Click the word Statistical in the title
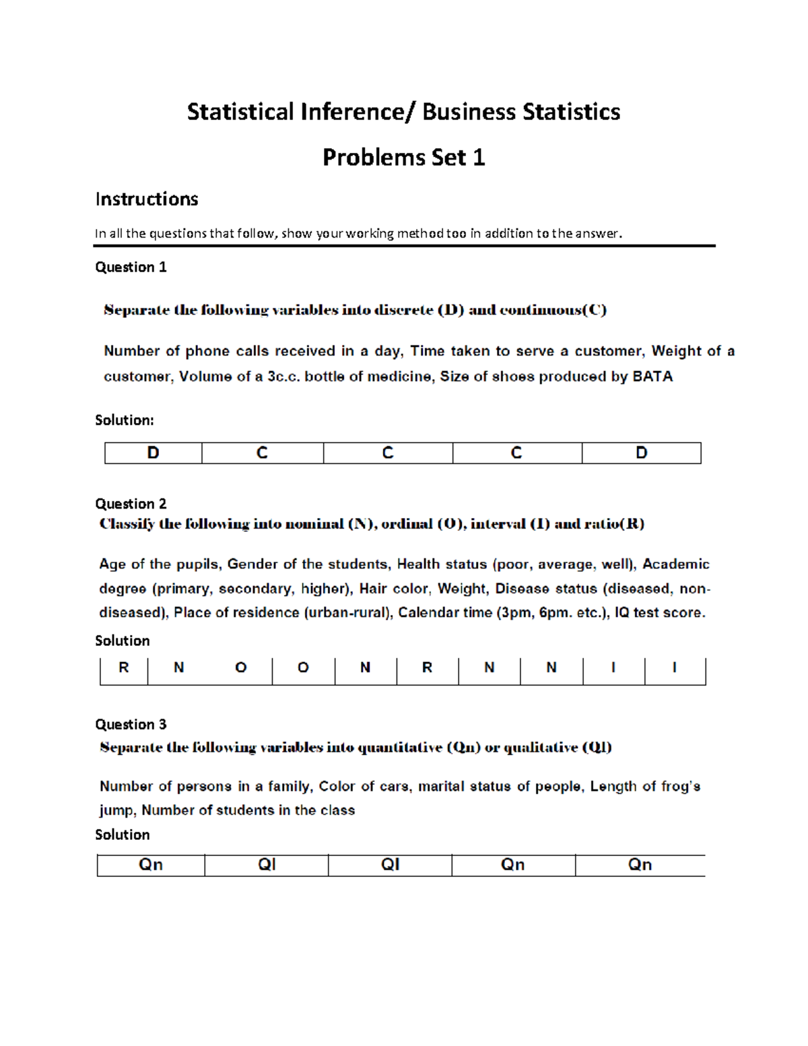240,112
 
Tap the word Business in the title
464,112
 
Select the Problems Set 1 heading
403,158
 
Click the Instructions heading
146,199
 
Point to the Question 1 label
131,267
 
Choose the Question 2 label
131,504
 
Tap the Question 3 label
131,725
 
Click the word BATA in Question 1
652,377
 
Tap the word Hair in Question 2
373,589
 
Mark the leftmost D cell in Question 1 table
154,453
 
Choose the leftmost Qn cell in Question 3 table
151,865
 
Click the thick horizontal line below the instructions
404,247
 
